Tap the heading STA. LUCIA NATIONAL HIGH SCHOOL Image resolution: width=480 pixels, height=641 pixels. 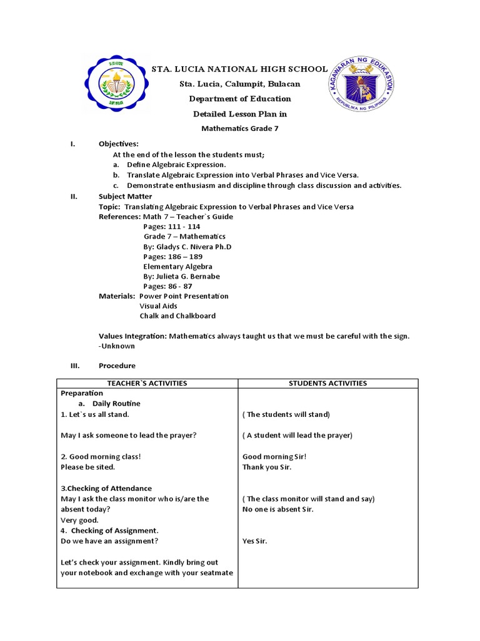click(240, 69)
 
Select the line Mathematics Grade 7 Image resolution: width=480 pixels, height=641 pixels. click(240, 128)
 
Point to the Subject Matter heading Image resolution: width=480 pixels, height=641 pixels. click(125, 197)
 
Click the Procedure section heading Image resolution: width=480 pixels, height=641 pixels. click(117, 366)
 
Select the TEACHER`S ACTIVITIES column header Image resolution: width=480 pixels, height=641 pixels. click(147, 383)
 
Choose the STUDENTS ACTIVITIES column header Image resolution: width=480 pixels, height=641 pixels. click(327, 383)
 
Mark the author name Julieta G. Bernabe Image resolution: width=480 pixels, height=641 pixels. click(181, 276)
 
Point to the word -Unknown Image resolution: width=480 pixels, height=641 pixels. click(117, 346)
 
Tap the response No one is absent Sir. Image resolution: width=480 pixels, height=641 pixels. click(277, 509)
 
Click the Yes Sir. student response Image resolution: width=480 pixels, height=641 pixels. click(254, 541)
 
